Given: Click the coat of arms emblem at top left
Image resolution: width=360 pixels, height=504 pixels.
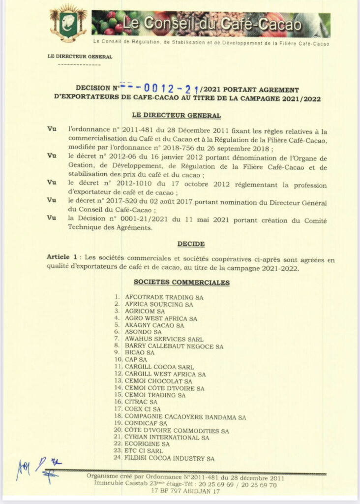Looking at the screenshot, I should coord(68,23).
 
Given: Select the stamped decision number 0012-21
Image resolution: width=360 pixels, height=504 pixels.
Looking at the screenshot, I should coord(165,89).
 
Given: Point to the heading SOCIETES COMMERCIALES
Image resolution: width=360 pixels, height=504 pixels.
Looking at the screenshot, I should coord(181,283).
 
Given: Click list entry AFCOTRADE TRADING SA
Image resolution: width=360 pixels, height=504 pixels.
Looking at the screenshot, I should coord(164,297).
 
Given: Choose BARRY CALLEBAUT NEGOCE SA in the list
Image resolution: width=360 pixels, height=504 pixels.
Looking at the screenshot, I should coord(174,346).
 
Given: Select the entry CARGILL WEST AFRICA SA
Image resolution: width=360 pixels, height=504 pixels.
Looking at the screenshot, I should coord(165,375).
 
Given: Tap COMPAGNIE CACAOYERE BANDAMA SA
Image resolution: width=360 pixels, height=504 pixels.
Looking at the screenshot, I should coord(185,417).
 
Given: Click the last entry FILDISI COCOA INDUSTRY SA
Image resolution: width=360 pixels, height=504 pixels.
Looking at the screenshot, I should coord(169,459).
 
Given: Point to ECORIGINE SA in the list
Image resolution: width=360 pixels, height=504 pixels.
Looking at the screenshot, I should coord(147,444).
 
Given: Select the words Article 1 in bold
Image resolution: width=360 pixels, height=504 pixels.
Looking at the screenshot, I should coord(62,257).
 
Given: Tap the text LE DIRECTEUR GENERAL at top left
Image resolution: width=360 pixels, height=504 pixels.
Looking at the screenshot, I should coord(80,57).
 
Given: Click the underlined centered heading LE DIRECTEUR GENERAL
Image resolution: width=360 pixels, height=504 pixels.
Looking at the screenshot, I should coord(177,116).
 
